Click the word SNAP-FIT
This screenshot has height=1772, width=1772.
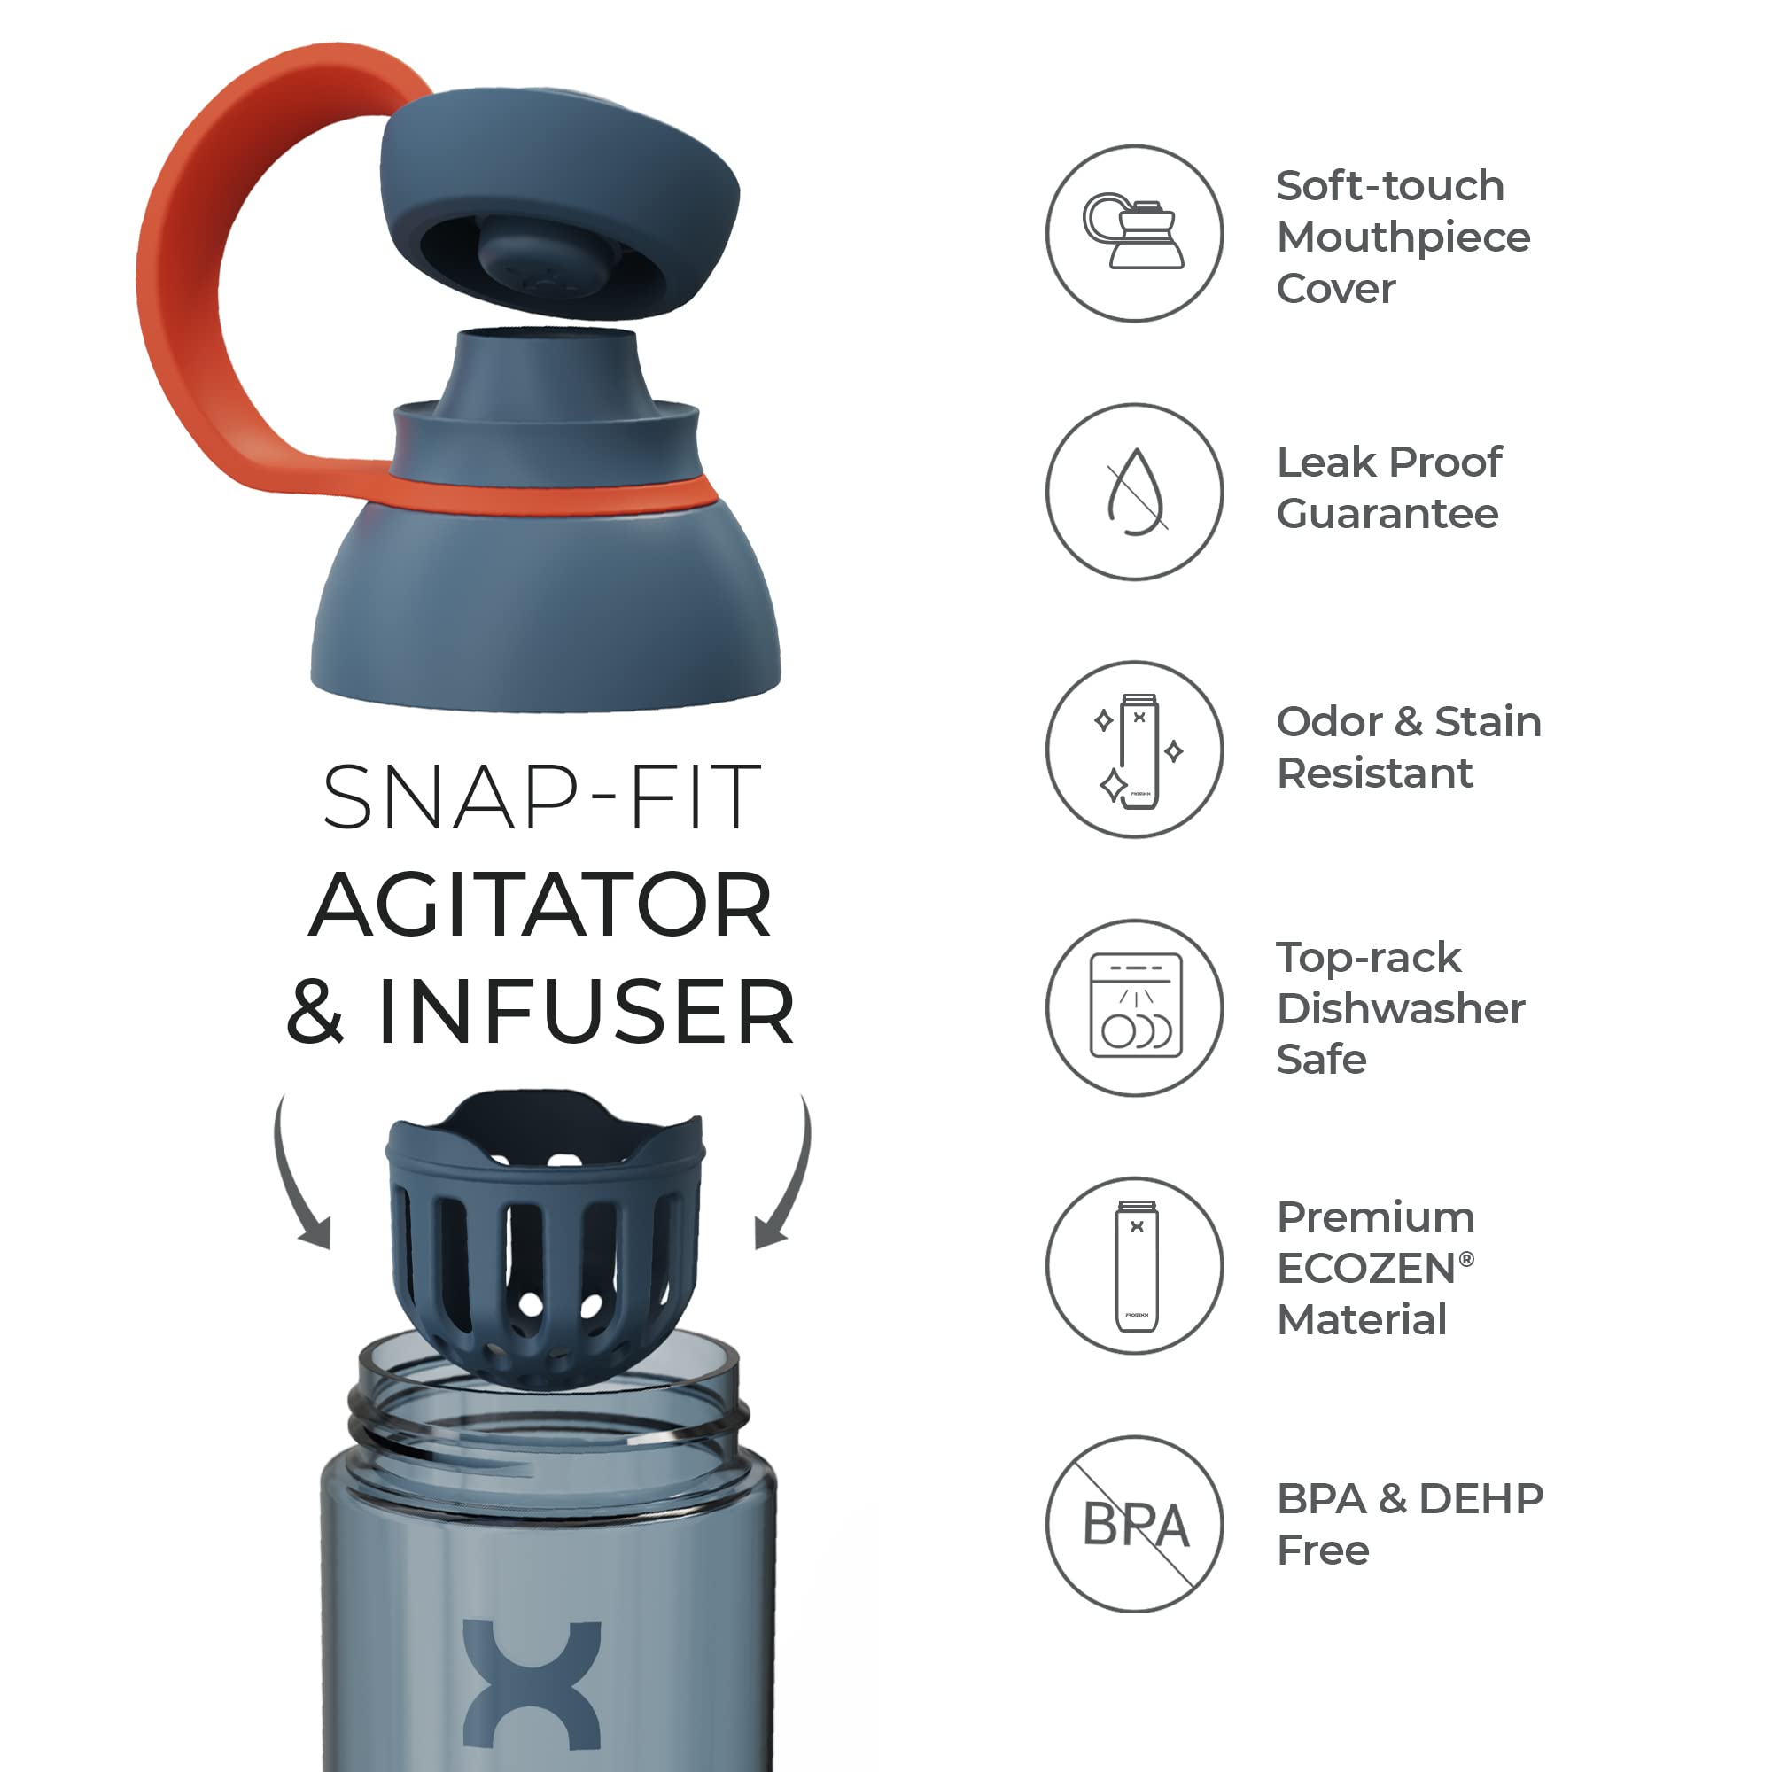[x=541, y=798]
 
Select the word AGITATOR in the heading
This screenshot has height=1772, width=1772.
[x=541, y=906]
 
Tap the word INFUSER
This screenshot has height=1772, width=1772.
[x=587, y=1012]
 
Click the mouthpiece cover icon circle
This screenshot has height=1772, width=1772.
[x=1135, y=233]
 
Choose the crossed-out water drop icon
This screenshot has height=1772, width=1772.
[x=1135, y=492]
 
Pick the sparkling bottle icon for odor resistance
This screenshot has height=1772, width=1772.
[x=1135, y=750]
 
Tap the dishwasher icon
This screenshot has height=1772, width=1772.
[x=1135, y=1007]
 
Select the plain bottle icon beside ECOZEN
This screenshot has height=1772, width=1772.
[x=1135, y=1266]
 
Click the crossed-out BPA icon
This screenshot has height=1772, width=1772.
[x=1135, y=1523]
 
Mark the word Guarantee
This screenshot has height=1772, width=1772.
[x=1387, y=514]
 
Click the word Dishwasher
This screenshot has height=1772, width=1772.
[x=1401, y=1008]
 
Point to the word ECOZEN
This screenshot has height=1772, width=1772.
[x=1365, y=1269]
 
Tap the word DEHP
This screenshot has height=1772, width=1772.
[x=1481, y=1499]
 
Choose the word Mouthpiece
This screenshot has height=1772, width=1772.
[x=1403, y=237]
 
